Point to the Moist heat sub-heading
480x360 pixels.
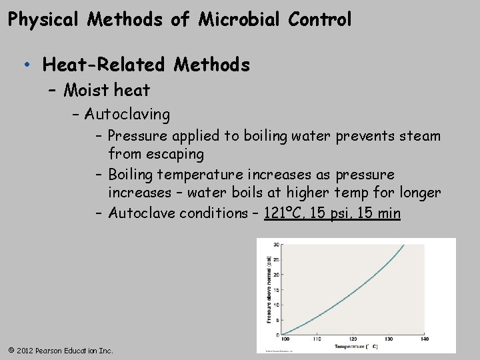pyautogui.click(x=107, y=89)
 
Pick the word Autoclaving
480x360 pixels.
pyautogui.click(x=127, y=114)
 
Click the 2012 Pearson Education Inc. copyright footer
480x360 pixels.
pyautogui.click(x=61, y=350)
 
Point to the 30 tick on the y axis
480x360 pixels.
pyautogui.click(x=277, y=244)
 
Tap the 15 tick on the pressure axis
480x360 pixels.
pyautogui.click(x=277, y=289)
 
